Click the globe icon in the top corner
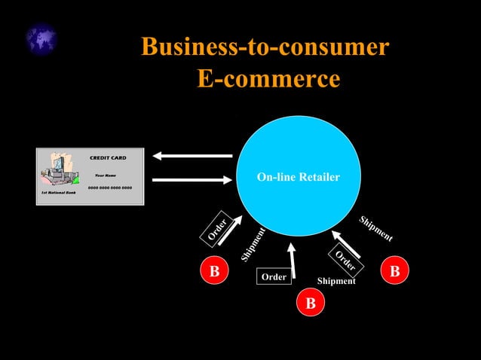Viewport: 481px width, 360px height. (41, 39)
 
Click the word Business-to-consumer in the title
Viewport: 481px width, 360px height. (265, 47)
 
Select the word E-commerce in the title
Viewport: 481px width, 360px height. (268, 78)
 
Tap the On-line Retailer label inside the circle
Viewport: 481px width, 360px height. (298, 178)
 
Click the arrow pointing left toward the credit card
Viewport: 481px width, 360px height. (193, 156)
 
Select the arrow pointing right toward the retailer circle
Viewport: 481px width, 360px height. (191, 179)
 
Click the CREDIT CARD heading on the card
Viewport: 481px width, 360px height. (108, 158)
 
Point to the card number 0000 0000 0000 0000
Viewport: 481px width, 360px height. (110, 187)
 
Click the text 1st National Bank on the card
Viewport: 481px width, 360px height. (59, 193)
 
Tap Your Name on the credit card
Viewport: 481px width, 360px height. (105, 175)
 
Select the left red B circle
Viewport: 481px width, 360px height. (214, 270)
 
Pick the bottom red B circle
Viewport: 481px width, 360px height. (310, 304)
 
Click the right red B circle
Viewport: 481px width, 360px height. (394, 270)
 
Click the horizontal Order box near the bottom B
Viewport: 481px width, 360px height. (274, 277)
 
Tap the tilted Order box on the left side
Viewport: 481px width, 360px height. (217, 228)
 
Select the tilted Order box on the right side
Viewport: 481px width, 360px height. (347, 260)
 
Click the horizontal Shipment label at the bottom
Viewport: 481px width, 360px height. (336, 281)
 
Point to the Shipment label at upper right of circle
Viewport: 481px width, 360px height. (375, 229)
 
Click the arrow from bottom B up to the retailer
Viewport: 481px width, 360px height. (294, 261)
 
